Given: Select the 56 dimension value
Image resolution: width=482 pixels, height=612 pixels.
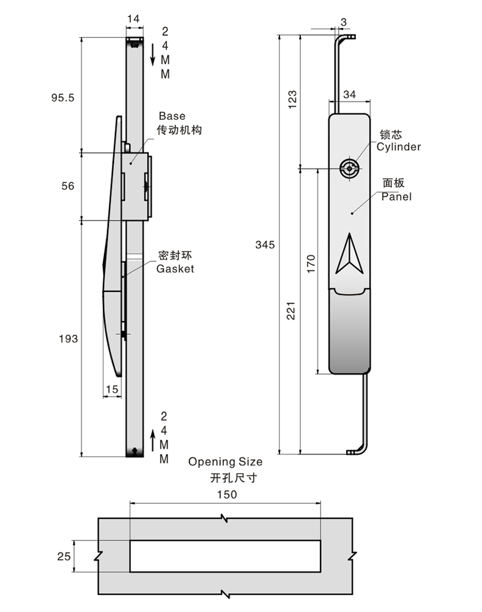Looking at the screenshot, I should tap(68, 186).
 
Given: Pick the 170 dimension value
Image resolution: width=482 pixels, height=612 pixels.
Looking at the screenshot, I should tap(311, 263).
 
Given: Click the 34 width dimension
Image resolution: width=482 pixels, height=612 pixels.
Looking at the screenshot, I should tap(350, 94).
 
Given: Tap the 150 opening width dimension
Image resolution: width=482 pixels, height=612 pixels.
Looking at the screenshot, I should tap(225, 494).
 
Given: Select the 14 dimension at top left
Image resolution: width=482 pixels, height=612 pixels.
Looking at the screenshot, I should tap(133, 20).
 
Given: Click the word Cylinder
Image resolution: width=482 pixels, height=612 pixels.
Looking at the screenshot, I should tap(398, 147).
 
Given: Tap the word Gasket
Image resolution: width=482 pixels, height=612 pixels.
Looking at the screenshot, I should tap(175, 269).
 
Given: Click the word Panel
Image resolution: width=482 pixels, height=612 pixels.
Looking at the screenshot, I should tap(396, 196).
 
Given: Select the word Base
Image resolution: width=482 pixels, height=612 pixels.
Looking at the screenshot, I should tap(171, 116).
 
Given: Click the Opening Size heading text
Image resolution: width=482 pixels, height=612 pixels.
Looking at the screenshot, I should tap(225, 461).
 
